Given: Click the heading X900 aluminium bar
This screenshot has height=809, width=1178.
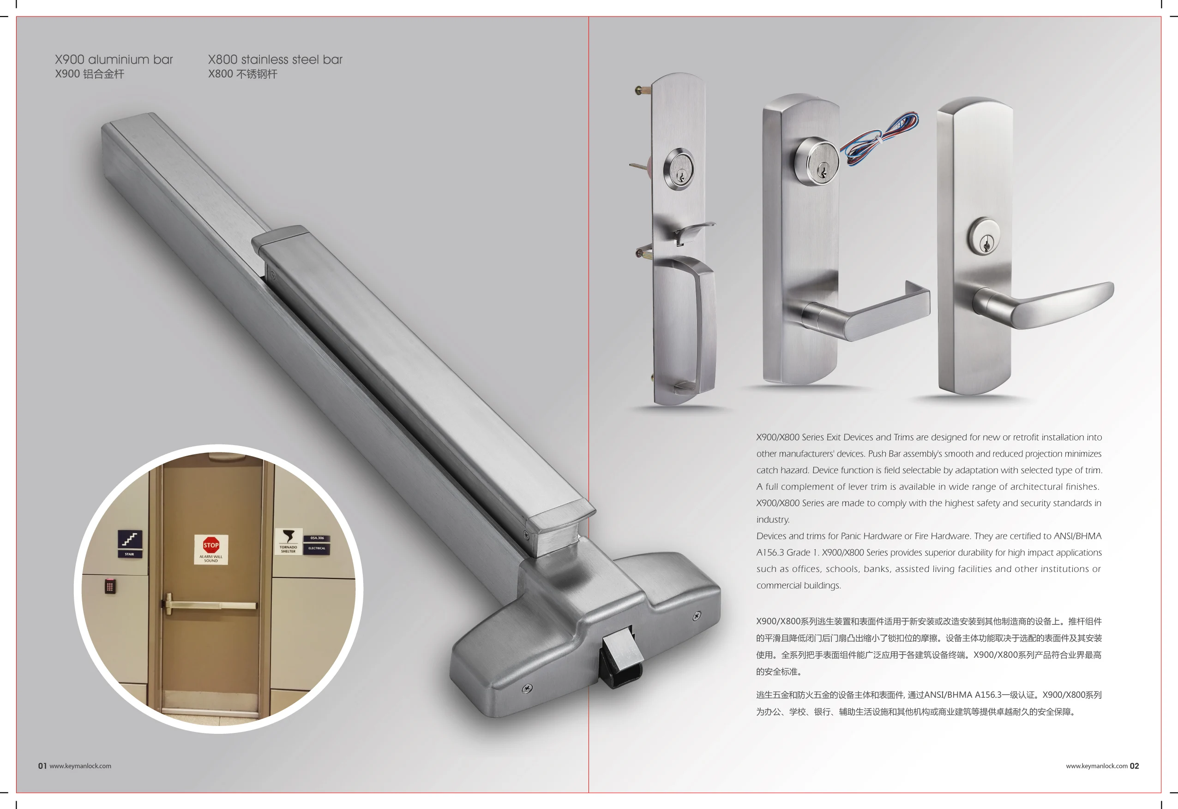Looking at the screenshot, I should click(114, 60).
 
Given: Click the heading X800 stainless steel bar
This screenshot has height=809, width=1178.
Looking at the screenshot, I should click(275, 60).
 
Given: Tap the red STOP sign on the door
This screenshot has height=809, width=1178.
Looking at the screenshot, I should click(211, 546).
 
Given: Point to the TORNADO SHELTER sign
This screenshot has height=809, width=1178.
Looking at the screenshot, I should click(288, 541).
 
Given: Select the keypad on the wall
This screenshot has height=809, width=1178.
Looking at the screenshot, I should click(110, 587).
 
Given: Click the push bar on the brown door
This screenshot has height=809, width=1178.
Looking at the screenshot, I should click(210, 605).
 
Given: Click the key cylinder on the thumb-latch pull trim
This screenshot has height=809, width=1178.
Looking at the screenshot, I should click(679, 169).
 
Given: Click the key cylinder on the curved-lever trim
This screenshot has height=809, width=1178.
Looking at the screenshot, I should click(983, 237).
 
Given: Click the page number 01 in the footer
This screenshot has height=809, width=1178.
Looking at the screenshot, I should click(42, 766).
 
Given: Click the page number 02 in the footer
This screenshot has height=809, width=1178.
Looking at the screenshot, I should click(1134, 766).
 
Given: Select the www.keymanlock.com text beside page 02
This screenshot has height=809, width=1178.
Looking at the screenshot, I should click(1096, 766).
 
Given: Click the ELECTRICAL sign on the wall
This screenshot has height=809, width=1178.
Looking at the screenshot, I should click(317, 548).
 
